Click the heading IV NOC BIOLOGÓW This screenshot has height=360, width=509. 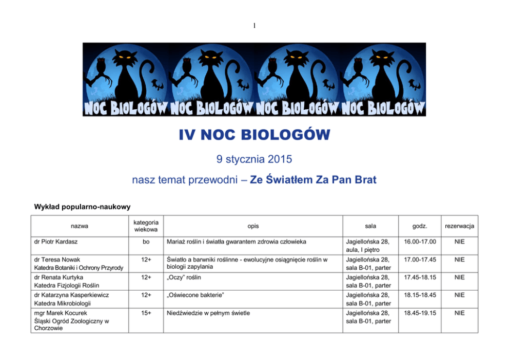(x=254, y=135)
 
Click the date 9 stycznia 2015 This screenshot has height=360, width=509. (x=254, y=159)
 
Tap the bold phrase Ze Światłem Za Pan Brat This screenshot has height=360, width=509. (x=313, y=180)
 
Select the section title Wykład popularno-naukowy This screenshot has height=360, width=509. (x=82, y=207)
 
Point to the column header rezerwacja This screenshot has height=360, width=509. (x=459, y=226)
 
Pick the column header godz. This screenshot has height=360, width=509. (x=420, y=226)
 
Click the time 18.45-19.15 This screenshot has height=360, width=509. (x=420, y=312)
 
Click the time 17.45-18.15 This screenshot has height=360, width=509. (x=420, y=277)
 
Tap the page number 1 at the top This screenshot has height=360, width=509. (x=254, y=25)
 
